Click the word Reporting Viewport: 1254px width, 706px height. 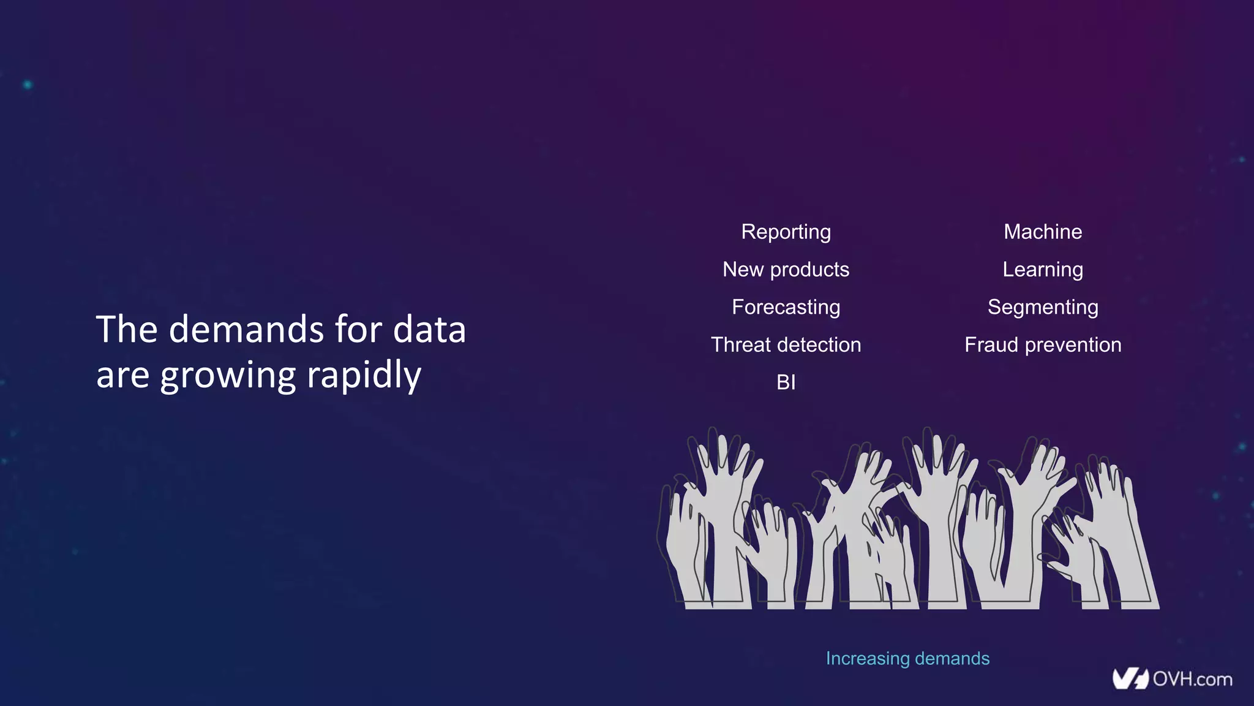pos(786,232)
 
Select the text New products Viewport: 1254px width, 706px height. pos(786,270)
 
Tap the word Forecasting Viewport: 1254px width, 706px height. pos(786,307)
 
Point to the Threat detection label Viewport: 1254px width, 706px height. pos(786,345)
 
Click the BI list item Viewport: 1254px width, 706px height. pos(786,382)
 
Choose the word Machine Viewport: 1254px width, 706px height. pos(1043,232)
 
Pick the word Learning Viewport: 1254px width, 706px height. pos(1043,270)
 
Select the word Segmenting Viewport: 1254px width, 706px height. pos(1043,307)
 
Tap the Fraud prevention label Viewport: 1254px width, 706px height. pos(1043,345)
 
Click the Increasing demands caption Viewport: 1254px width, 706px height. pos(907,659)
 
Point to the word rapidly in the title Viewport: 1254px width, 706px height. pos(364,375)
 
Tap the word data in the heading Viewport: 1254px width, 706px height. pos(429,329)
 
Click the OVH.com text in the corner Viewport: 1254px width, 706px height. pos(1192,679)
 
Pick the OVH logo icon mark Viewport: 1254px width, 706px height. pos(1130,679)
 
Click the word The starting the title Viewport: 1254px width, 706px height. pos(127,329)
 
